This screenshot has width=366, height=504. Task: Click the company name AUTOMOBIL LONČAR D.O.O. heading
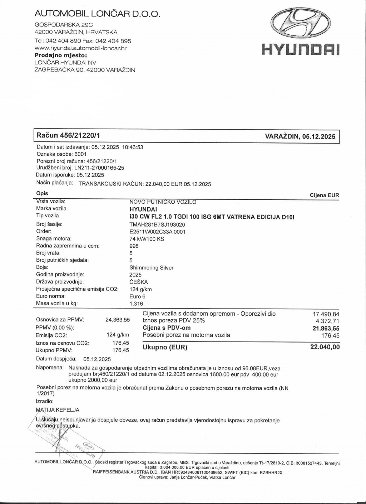click(97, 14)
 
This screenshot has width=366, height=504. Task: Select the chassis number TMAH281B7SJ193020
click(157, 224)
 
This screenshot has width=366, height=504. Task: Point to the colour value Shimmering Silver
click(152, 267)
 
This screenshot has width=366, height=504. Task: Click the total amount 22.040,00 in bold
click(325, 347)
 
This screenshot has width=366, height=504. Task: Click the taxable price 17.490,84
click(326, 314)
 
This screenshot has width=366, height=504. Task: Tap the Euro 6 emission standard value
click(137, 296)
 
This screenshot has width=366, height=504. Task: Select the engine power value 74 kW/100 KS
click(147, 239)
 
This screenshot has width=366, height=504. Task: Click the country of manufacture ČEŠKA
click(139, 282)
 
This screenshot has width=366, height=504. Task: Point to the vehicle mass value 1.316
click(136, 304)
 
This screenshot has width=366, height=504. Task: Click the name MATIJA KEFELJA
click(58, 410)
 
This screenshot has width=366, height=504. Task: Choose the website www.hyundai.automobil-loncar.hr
click(80, 48)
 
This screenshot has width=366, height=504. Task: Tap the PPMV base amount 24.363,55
click(118, 320)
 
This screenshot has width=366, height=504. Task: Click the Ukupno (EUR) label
click(165, 347)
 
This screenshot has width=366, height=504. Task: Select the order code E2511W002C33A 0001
click(157, 232)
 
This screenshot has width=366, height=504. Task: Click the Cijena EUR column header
click(324, 195)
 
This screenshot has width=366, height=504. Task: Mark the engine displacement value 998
click(134, 246)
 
